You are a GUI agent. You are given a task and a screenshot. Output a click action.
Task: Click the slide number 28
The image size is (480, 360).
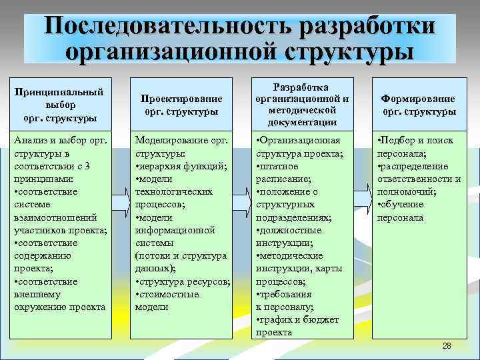tap(446, 345)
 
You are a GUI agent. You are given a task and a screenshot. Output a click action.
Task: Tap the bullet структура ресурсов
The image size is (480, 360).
tap(183, 281)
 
